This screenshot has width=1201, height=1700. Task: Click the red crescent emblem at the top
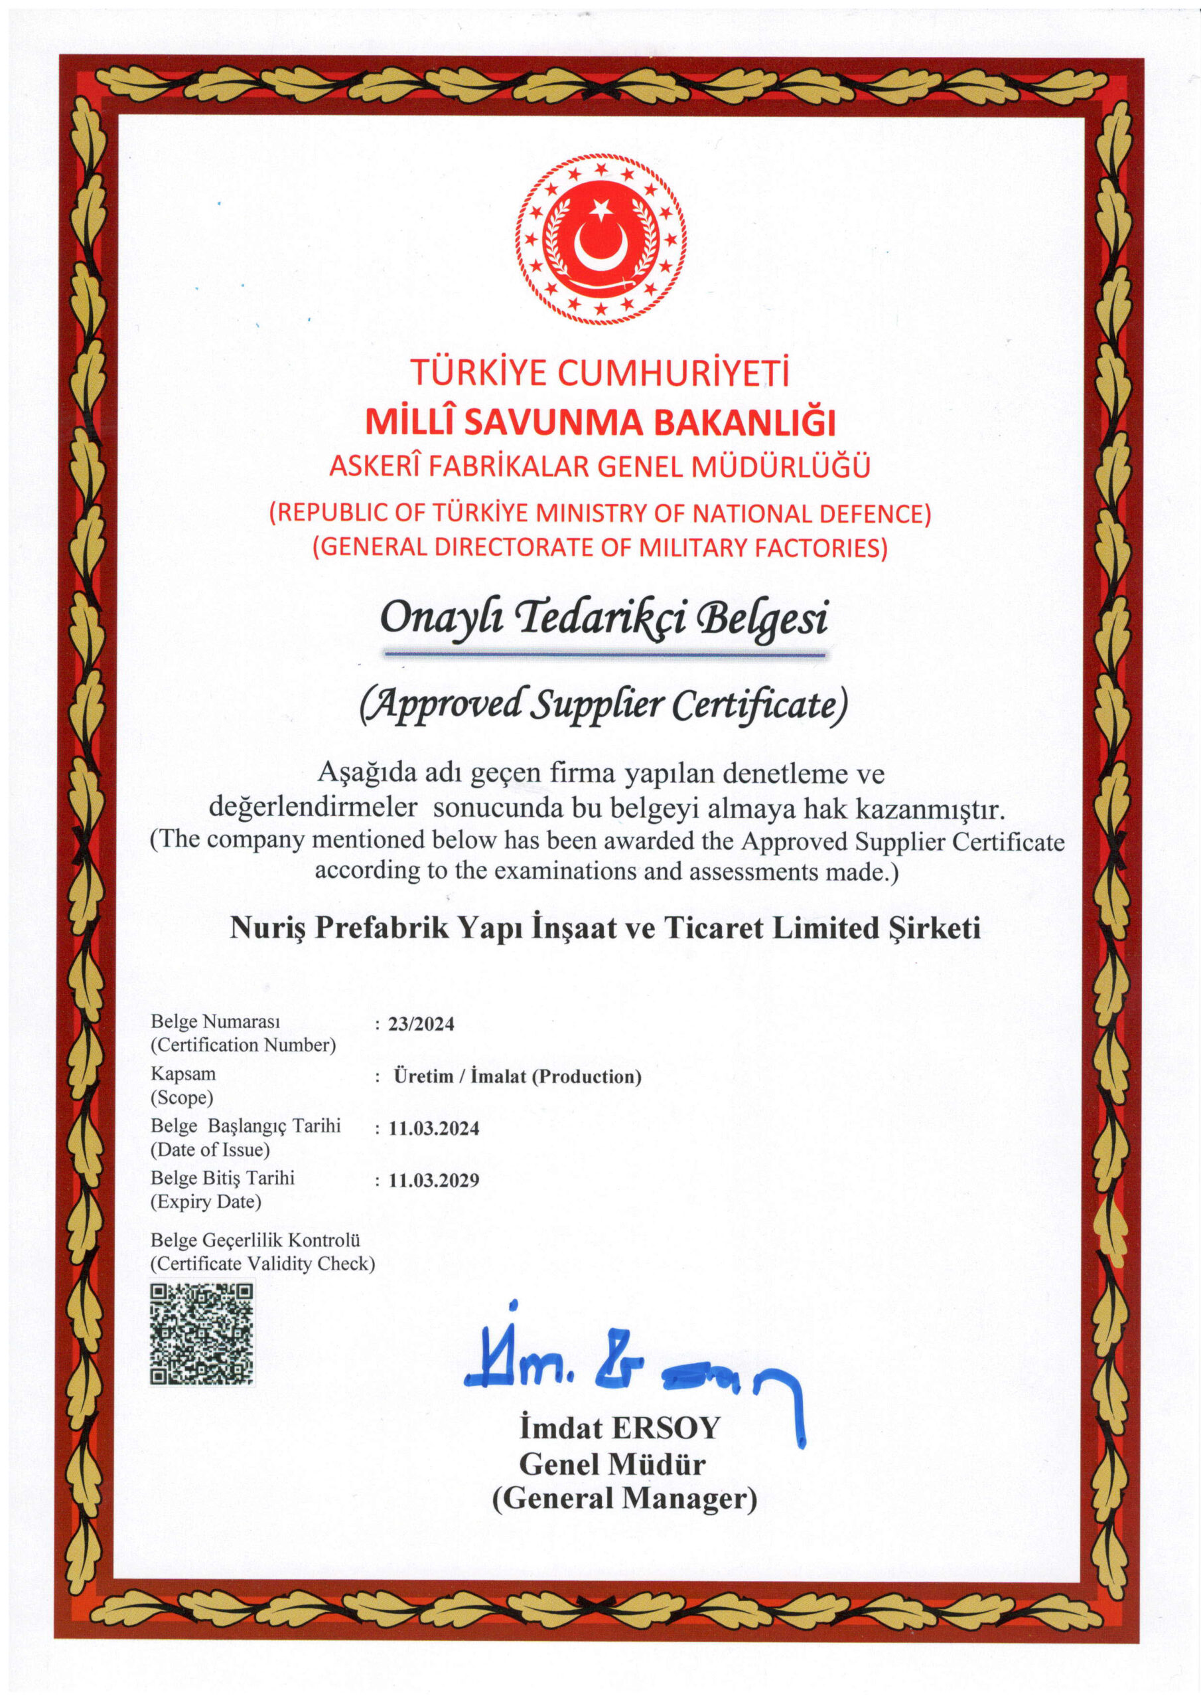(x=600, y=238)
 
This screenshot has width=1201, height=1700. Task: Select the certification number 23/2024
(x=421, y=1024)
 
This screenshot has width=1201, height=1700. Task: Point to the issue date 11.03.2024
(x=434, y=1128)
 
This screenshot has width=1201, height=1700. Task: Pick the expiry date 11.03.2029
(x=434, y=1180)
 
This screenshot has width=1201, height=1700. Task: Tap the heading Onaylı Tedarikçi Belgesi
(x=603, y=619)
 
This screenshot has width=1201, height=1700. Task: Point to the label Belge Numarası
(x=216, y=1022)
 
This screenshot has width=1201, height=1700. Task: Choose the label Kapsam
(x=184, y=1074)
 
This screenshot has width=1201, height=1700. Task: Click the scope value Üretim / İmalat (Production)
(x=518, y=1076)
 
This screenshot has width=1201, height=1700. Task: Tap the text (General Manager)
(x=624, y=1499)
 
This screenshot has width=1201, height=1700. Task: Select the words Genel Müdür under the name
(x=612, y=1464)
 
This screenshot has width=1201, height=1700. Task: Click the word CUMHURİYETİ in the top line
(x=673, y=373)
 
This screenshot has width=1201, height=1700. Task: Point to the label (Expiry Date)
(x=206, y=1202)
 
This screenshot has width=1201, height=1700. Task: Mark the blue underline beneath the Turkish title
(x=604, y=655)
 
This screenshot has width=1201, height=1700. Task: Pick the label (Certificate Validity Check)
(x=263, y=1263)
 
